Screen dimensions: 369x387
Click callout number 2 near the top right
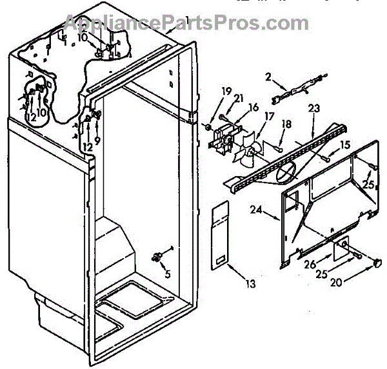pyautogui.click(x=268, y=77)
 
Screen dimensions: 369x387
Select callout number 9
pyautogui.click(x=97, y=139)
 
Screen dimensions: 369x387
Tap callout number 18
pyautogui.click(x=286, y=124)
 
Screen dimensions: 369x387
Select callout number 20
pyautogui.click(x=336, y=282)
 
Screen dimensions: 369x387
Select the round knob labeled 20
pyautogui.click(x=375, y=263)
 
